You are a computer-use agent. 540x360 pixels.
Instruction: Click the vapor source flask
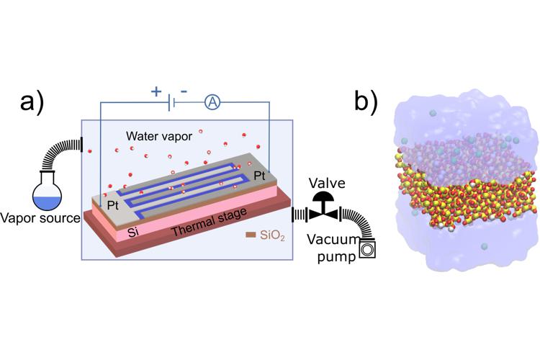tap(45, 190)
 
